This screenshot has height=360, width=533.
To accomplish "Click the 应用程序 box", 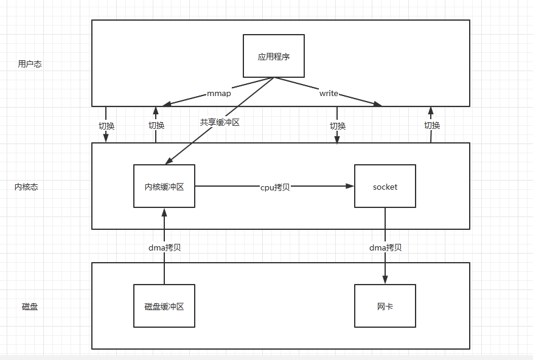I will [274, 56].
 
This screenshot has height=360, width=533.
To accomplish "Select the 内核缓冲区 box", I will [164, 187].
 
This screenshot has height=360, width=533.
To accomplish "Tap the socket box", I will [385, 187].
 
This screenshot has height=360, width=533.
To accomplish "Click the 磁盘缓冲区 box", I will [164, 306].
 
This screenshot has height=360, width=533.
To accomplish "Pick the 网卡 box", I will [385, 306].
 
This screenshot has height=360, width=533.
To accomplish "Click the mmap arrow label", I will [219, 94].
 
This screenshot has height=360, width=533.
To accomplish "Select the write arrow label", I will [329, 94].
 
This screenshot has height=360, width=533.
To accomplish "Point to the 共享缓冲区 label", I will [220, 122].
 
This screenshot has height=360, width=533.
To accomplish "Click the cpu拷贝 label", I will [274, 187].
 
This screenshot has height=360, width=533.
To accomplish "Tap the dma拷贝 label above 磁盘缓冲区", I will [165, 247].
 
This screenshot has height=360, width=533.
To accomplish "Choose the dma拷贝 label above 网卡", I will [385, 247].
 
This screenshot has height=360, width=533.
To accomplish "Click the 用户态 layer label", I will [30, 64].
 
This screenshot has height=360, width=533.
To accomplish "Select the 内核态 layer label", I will [26, 187].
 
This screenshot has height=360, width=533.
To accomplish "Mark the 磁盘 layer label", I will [30, 306].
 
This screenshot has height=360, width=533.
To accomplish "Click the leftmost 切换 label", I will [106, 126].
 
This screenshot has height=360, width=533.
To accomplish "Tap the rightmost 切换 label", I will [432, 125].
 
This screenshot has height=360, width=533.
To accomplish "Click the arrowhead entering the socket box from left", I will [351, 187].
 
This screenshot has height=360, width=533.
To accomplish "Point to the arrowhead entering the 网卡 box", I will [385, 280].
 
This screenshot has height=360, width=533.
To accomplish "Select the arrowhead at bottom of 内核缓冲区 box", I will [164, 212].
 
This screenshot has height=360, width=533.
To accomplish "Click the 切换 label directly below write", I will [338, 126].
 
